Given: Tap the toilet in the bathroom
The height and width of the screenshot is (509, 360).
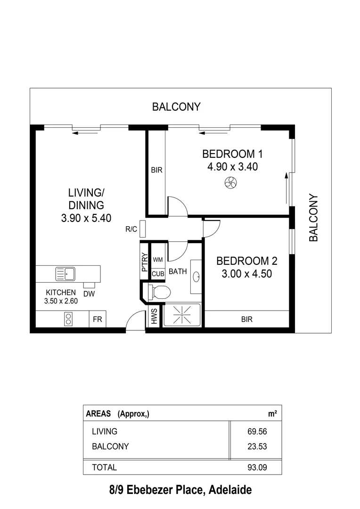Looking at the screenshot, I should [x=159, y=292].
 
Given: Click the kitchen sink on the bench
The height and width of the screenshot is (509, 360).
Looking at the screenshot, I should [x=65, y=273].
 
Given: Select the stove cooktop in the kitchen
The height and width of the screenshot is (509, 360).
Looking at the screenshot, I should [x=68, y=319].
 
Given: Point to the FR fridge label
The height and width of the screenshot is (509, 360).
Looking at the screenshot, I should [x=98, y=319].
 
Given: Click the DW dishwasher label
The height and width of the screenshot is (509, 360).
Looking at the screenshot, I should [x=89, y=294].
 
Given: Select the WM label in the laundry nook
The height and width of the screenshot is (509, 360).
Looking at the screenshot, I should [x=158, y=260].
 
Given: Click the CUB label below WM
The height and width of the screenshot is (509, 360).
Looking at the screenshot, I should [x=157, y=274].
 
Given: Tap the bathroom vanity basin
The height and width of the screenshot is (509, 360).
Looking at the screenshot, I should [x=196, y=277].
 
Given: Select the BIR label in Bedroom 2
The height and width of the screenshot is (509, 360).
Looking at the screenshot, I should [x=246, y=319].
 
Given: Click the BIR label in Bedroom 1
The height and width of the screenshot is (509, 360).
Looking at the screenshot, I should [x=156, y=170].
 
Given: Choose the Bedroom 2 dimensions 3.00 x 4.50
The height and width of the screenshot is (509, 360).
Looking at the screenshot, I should [x=246, y=274].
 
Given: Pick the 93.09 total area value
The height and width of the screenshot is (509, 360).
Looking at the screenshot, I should [x=257, y=468].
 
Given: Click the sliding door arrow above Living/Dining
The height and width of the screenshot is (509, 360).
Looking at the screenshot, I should [x=85, y=133].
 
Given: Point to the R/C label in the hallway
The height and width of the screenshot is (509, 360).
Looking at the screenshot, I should [x=131, y=230].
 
